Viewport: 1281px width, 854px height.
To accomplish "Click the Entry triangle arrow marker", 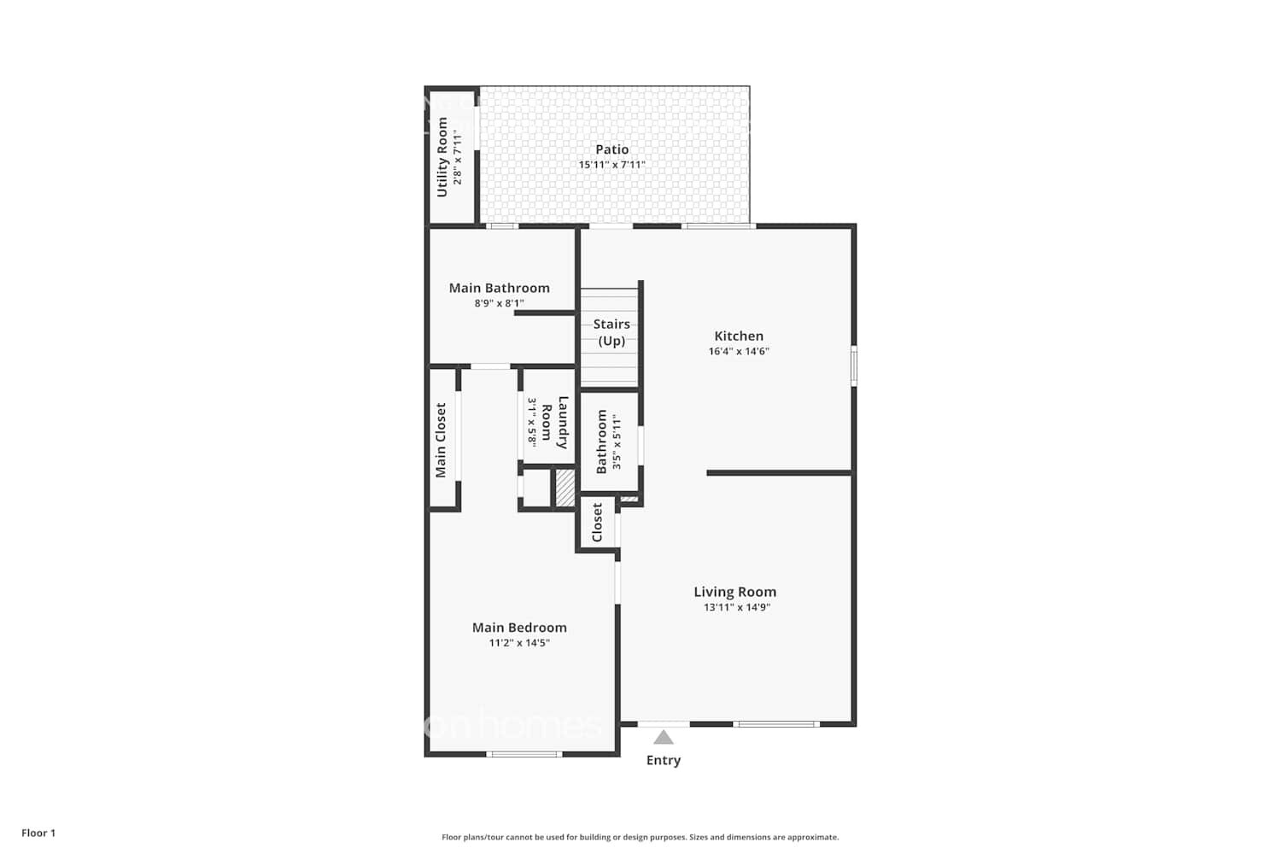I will tap(664, 737).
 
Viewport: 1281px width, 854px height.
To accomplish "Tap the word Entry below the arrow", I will tap(664, 760).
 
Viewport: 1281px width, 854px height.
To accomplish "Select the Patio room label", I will tap(612, 149).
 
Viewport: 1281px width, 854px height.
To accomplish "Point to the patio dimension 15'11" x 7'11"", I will tap(612, 165).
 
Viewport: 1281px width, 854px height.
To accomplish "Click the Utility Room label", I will tap(442, 157).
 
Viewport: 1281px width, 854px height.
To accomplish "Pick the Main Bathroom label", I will tap(500, 288).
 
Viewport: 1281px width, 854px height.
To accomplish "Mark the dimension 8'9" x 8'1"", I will tap(500, 303).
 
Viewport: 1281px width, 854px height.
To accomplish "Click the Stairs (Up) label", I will tap(611, 332).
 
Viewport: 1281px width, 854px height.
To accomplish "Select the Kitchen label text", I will tap(739, 336).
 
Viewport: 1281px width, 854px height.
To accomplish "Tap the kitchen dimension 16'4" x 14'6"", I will tap(739, 351).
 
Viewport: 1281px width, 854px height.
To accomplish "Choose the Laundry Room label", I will tap(554, 422).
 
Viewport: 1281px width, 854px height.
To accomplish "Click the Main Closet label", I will tap(441, 440).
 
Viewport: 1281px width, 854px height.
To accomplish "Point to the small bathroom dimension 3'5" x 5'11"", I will tap(617, 442).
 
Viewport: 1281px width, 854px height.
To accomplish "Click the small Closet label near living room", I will tap(597, 522).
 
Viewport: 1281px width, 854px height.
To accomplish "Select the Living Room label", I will tap(734, 592).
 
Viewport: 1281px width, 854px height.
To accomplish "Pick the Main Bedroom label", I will tap(519, 627).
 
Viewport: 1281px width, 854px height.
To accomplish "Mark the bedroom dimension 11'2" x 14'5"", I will tap(519, 643).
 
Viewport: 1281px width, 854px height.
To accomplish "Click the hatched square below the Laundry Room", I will tap(564, 488).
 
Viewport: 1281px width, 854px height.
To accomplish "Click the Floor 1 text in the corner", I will tap(38, 833).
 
